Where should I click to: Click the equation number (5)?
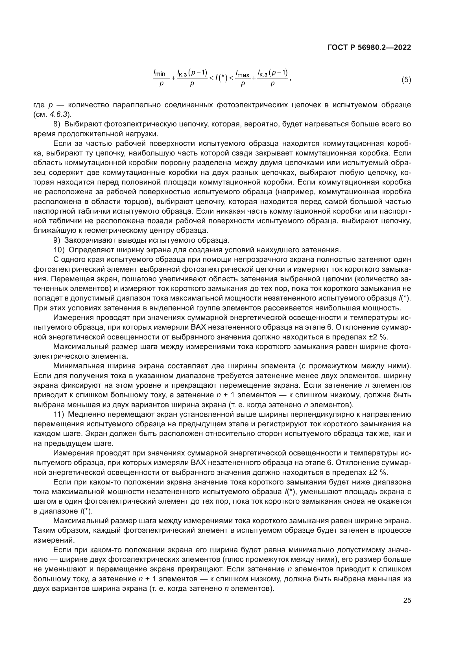406,80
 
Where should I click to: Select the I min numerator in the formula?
159,73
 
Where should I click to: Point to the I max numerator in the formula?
243,74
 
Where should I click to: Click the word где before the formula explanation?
39,105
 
